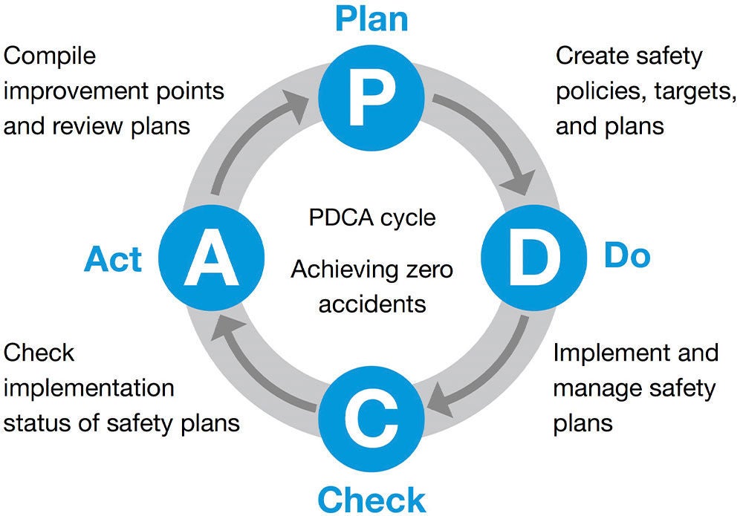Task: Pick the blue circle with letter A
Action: click(210, 257)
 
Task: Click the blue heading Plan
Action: click(371, 19)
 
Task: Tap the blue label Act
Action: click(114, 260)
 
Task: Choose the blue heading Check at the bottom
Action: click(371, 498)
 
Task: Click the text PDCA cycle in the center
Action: click(371, 218)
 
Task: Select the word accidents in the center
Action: click(371, 303)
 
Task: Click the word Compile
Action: click(51, 56)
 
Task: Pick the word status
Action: click(39, 422)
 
